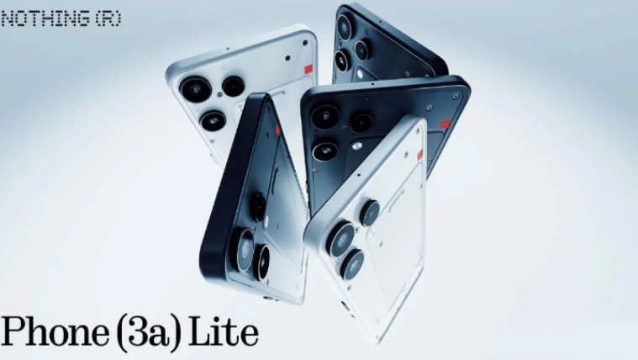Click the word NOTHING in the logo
pyautogui.click(x=45, y=19)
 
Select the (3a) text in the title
pyautogui.click(x=148, y=332)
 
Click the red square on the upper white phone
pyautogui.click(x=308, y=68)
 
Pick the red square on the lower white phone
pyautogui.click(x=420, y=155)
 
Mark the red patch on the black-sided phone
pyautogui.click(x=278, y=130)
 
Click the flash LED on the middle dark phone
pyautogui.click(x=357, y=146)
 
